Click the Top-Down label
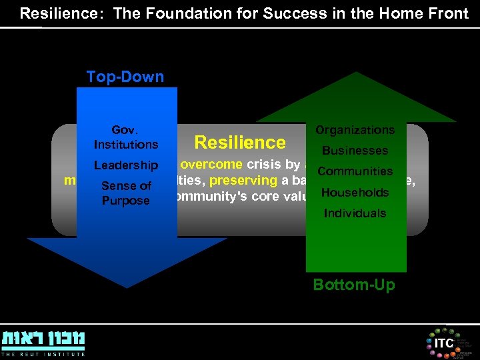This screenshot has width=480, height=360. point(125,77)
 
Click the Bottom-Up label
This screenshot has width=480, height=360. point(354,285)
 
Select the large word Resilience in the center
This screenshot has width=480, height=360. point(239,142)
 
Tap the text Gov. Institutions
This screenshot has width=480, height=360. point(126,137)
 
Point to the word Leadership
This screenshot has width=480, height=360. point(126,165)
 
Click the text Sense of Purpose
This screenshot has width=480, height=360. point(126,193)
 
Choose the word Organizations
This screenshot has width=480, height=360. point(355,130)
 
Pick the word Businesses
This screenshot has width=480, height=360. point(355,151)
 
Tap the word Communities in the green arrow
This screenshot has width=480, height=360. point(355,171)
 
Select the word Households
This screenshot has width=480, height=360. point(355,193)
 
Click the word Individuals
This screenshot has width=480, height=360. point(355,213)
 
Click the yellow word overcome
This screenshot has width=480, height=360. point(213,165)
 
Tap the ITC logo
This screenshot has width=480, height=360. point(443,343)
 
